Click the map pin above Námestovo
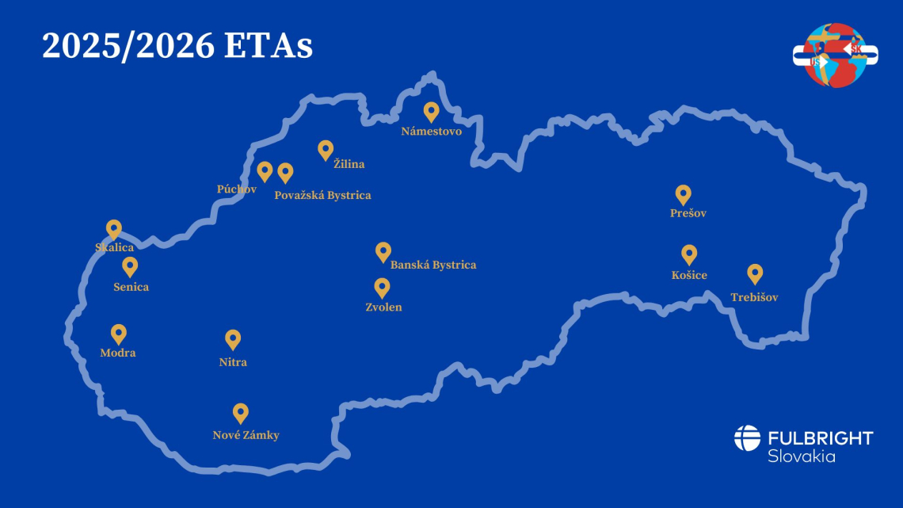(x=431, y=112)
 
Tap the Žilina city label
(x=349, y=164)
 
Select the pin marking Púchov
(x=265, y=171)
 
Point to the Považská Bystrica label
(x=322, y=195)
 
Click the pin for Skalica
(x=114, y=229)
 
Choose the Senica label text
(x=131, y=287)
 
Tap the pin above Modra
(x=119, y=334)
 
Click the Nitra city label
(x=233, y=362)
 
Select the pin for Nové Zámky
(x=241, y=413)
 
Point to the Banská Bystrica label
(x=433, y=265)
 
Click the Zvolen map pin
(x=383, y=287)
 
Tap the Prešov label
(x=688, y=213)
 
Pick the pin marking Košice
(x=689, y=254)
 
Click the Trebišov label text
(x=754, y=297)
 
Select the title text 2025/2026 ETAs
(x=177, y=46)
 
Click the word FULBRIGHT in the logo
(x=820, y=438)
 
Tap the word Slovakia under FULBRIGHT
(x=801, y=456)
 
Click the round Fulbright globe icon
(x=747, y=438)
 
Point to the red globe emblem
(x=835, y=54)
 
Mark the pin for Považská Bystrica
(x=285, y=172)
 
